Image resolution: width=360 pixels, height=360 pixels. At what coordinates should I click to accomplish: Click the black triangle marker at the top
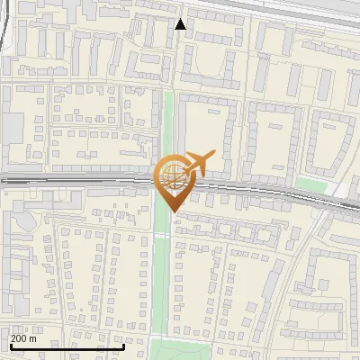(181, 24)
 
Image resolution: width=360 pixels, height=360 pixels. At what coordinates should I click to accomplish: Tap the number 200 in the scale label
(19, 338)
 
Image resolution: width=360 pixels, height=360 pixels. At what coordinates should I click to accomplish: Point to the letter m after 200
(33, 338)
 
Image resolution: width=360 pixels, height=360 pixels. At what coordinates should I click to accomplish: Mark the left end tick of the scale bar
(9, 346)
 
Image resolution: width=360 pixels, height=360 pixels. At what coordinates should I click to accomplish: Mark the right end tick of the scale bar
(124, 346)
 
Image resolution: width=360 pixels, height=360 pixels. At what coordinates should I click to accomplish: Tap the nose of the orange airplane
(213, 154)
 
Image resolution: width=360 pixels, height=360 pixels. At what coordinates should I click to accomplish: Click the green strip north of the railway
(168, 126)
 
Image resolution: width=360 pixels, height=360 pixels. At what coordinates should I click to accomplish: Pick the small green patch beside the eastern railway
(310, 184)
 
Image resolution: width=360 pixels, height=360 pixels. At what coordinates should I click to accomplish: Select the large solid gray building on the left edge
(12, 130)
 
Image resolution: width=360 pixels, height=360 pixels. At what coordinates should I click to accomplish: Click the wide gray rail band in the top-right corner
(297, 11)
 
